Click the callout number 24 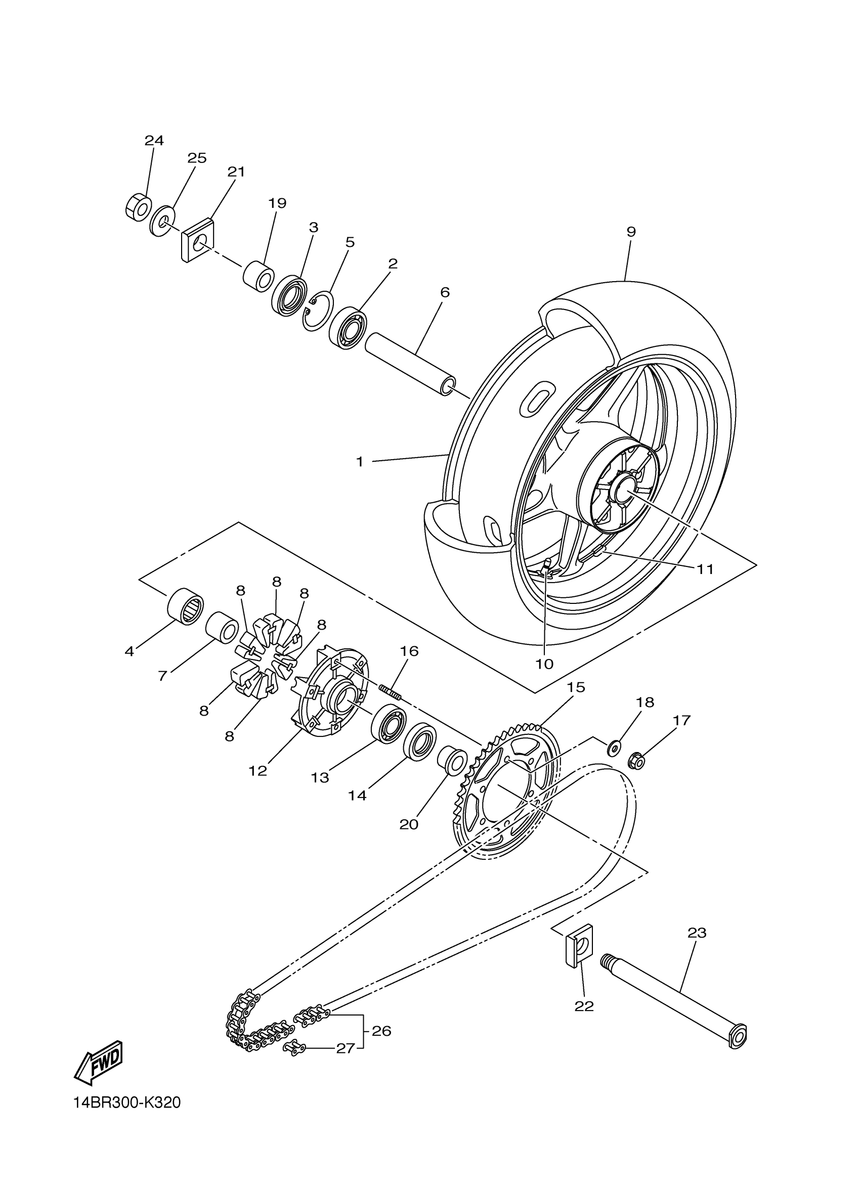[x=154, y=140]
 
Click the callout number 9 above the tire [x=631, y=231]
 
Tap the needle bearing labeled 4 [x=185, y=605]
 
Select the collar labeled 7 [x=222, y=627]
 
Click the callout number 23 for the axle [x=697, y=933]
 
